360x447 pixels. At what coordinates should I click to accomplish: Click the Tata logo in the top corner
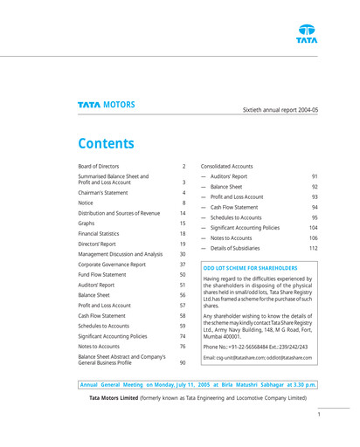pyautogui.click(x=306, y=33)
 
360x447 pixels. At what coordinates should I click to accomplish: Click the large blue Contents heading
pyautogui.click(x=106, y=143)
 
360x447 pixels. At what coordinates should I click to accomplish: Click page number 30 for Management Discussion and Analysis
pyautogui.click(x=183, y=254)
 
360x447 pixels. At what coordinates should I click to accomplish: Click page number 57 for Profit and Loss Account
pyautogui.click(x=183, y=306)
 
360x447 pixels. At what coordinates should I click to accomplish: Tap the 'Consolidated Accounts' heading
pyautogui.click(x=228, y=165)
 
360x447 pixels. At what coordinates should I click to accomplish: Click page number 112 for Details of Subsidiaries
pyautogui.click(x=313, y=248)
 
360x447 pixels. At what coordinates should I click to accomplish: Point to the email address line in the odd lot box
pyautogui.click(x=258, y=358)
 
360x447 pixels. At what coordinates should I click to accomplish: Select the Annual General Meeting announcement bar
pyautogui.click(x=198, y=384)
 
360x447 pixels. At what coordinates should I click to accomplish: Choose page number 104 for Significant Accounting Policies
pyautogui.click(x=313, y=227)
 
